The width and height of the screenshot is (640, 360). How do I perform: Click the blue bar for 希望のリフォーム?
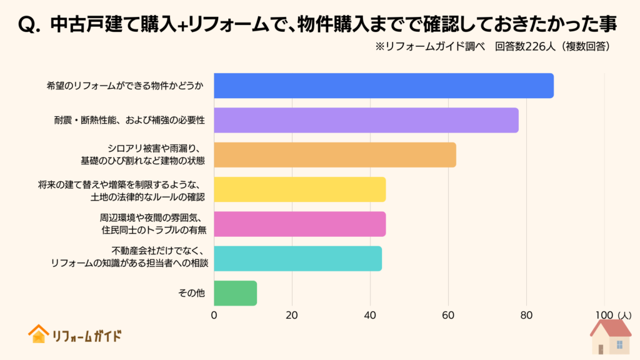pyautogui.click(x=384, y=86)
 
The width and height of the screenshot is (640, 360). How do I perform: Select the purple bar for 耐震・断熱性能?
pyautogui.click(x=366, y=120)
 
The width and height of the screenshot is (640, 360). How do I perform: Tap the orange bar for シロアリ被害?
pyautogui.click(x=335, y=155)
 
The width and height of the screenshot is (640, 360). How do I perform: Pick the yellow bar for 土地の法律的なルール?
pyautogui.click(x=300, y=189)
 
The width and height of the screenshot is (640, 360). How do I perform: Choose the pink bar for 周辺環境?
pyautogui.click(x=300, y=224)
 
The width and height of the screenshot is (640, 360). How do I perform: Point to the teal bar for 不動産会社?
pyautogui.click(x=298, y=258)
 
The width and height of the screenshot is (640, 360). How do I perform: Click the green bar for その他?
pyautogui.click(x=236, y=293)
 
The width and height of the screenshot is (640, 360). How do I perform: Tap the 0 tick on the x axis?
pyautogui.click(x=214, y=316)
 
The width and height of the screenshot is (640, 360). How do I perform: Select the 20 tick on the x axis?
pyautogui.click(x=292, y=316)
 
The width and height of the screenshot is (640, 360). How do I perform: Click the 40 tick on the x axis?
pyautogui.click(x=370, y=316)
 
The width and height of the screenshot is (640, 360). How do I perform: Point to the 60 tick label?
pyautogui.click(x=448, y=316)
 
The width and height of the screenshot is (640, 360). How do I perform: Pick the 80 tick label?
pyautogui.click(x=526, y=316)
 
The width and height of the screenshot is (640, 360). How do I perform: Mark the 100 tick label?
pyautogui.click(x=604, y=316)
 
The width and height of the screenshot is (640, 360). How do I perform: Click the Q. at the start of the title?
pyautogui.click(x=27, y=24)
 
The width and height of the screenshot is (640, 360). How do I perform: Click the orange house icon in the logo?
pyautogui.click(x=38, y=334)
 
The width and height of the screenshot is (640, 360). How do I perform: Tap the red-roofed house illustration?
pyautogui.click(x=611, y=336)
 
